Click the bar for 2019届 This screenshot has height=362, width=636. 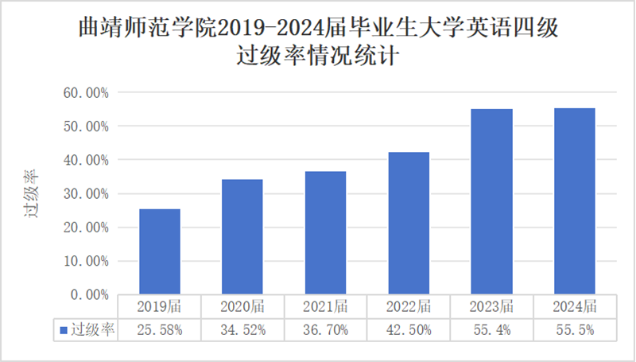(x=160, y=251)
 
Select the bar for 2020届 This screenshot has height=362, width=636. (x=242, y=237)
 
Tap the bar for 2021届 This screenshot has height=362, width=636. (x=325, y=232)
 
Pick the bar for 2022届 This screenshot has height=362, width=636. (x=409, y=223)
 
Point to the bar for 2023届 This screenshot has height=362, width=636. (x=491, y=201)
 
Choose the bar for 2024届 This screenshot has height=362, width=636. (x=574, y=201)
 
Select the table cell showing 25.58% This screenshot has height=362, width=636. (x=160, y=329)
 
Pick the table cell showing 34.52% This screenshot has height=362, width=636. (x=242, y=329)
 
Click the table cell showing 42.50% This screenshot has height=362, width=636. (x=409, y=329)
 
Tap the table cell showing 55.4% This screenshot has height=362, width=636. (x=491, y=329)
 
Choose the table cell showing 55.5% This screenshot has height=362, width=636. (x=574, y=329)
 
